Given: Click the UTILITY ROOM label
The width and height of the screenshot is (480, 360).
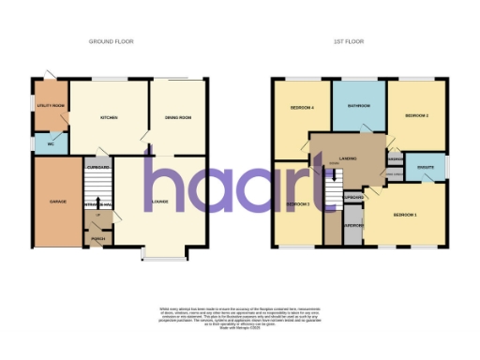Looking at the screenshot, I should coord(49,106).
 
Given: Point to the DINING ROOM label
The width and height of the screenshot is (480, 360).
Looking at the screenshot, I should coord(178,117).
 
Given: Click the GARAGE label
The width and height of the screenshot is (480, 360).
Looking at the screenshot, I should coord(58,202).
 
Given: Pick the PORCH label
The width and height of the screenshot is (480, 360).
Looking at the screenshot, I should coord(97,239).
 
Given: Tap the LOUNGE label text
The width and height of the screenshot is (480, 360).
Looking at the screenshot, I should coord(160,202).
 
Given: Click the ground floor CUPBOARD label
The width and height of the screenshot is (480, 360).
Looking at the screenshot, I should coord(99,168).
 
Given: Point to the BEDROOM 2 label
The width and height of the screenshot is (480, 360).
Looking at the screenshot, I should coord(416,115).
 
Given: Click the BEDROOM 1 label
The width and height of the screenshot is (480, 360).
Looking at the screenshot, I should coord(404,216).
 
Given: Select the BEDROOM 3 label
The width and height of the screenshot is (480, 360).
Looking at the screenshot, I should coord(297,204).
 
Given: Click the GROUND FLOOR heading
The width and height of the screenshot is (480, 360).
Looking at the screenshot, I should coord(110,42).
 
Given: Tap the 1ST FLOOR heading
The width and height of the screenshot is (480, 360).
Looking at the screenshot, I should coord(349,42).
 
